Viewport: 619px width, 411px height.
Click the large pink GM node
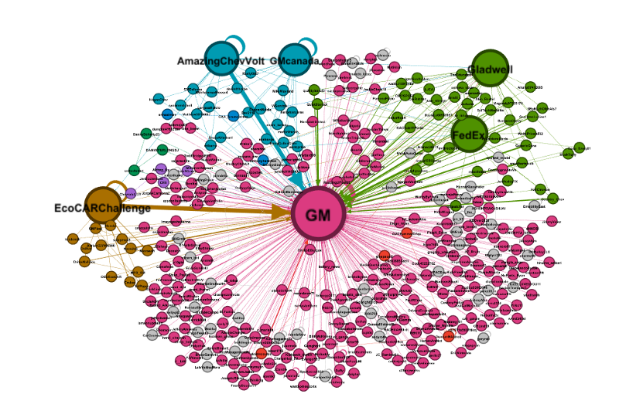tap(319, 213)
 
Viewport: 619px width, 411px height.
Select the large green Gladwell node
tap(490, 69)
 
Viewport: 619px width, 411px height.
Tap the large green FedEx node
tap(470, 134)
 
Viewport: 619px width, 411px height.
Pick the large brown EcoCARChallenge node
tap(103, 206)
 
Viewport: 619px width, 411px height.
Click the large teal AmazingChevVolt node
tap(222, 59)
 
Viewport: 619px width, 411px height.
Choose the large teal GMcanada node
tap(295, 59)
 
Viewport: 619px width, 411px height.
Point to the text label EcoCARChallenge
tap(102, 209)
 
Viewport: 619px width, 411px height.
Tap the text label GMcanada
tap(295, 61)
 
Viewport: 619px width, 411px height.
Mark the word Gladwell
tap(490, 70)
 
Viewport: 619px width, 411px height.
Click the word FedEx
tap(468, 135)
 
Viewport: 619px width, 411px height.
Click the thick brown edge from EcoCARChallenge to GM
tap(201, 209)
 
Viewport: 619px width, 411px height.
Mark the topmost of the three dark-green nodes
tap(146, 134)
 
